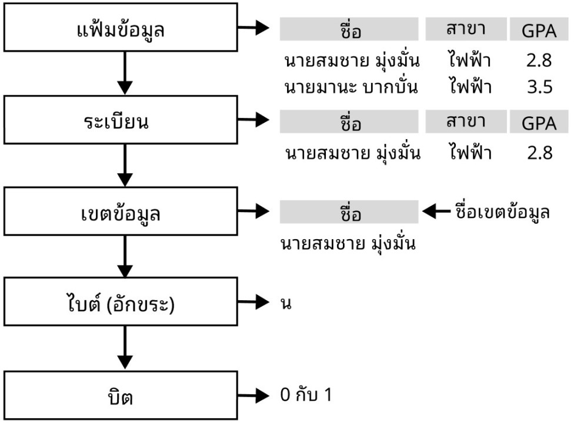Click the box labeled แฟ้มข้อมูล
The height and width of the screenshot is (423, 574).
pos(121,29)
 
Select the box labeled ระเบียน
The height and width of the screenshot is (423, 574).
pos(121,122)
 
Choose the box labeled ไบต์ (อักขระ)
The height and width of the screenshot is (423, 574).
pos(121,305)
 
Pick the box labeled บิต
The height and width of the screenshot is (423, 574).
pos(121,397)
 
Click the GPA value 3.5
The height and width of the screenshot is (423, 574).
pos(539,88)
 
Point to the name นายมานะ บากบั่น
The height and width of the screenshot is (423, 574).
pos(351,88)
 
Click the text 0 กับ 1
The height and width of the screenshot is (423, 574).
pos(306,395)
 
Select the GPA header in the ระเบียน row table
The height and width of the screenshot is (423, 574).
pos(539,123)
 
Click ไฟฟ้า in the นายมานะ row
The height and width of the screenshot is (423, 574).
pos(469,88)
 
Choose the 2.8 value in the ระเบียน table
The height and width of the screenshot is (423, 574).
pos(539,153)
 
